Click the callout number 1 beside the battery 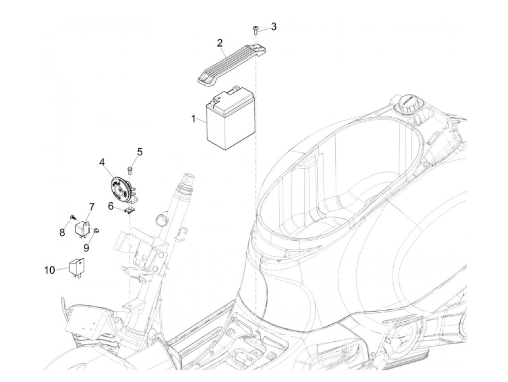pos(193,119)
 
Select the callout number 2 pos(220,43)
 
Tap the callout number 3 pos(274,27)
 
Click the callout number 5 pos(139,151)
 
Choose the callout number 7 pos(91,207)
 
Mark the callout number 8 pos(62,232)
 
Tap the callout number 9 pos(86,248)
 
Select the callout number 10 pos(50,270)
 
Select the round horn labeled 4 pos(121,187)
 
